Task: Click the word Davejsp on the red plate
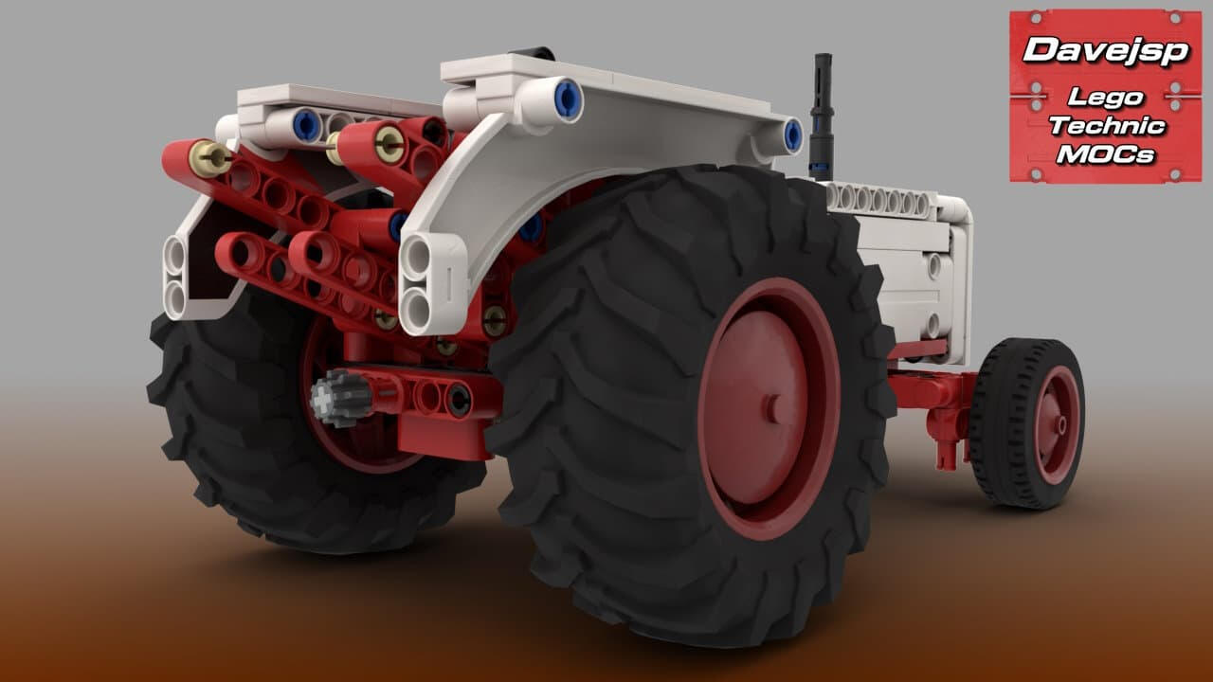(x=1105, y=50)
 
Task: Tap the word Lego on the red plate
(x=1105, y=98)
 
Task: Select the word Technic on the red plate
(x=1107, y=126)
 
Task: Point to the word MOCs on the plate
(x=1106, y=154)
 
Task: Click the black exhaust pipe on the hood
(x=822, y=117)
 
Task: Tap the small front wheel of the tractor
(x=1027, y=422)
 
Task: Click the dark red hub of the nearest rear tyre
(x=769, y=409)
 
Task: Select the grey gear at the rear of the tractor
(x=340, y=398)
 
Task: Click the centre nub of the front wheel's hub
(x=1059, y=425)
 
